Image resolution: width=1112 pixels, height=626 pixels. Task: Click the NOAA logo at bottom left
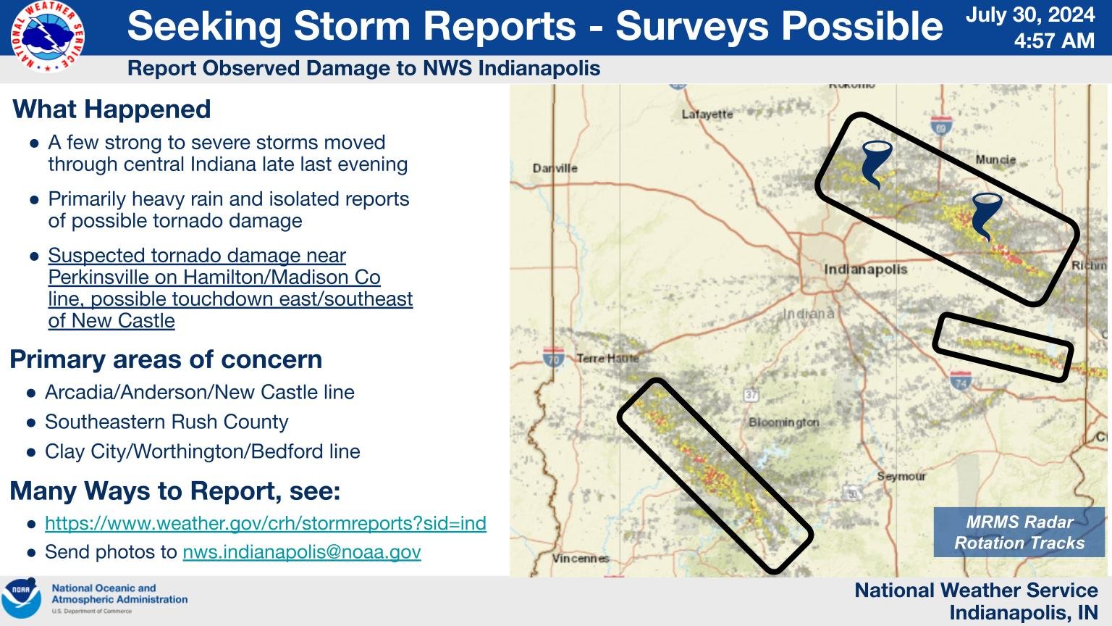(22, 599)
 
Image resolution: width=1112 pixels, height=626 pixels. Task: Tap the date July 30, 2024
(1030, 15)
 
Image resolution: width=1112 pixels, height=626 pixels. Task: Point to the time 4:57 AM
(1053, 41)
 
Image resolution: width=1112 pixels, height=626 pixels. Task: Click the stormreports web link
(265, 523)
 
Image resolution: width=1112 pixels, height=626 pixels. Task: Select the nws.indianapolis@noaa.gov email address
(301, 552)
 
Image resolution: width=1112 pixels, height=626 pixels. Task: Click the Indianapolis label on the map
(865, 270)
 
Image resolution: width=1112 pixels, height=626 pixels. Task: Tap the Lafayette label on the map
(707, 114)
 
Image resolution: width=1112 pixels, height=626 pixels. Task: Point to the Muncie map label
(995, 159)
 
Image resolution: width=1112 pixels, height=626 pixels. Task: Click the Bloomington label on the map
(784, 422)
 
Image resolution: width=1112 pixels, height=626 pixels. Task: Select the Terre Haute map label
(607, 358)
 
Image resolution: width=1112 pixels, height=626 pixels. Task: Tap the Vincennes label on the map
(580, 558)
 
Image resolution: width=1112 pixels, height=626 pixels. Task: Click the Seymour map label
(901, 476)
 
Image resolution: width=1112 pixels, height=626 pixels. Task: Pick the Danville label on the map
(555, 168)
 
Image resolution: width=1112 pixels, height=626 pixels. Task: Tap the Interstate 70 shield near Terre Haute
(553, 357)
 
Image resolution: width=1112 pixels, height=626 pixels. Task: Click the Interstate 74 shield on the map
(961, 380)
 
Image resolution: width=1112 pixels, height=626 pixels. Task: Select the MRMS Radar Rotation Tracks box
(1019, 533)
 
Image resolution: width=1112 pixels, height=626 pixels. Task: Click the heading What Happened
(111, 109)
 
